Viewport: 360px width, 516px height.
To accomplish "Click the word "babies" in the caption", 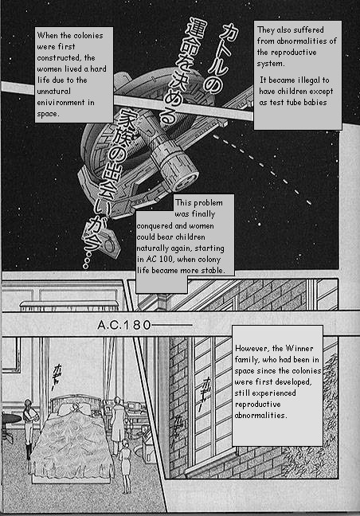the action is click(x=315, y=103).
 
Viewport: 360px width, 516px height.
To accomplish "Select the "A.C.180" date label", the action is click(x=124, y=325).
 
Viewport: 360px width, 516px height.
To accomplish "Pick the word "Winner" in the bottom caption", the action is click(x=299, y=348).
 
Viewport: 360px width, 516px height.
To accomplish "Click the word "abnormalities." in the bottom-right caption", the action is click(x=260, y=416).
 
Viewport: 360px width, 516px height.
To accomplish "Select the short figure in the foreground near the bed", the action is click(x=125, y=465).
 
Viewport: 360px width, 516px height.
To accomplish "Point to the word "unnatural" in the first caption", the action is click(x=54, y=91).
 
